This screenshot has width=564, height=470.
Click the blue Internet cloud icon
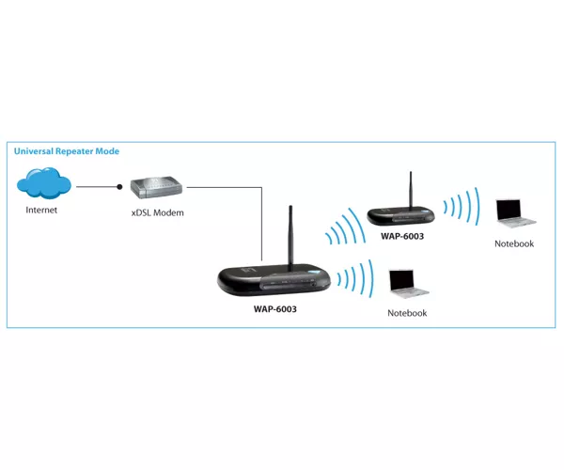(44, 182)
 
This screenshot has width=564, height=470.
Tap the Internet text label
(41, 210)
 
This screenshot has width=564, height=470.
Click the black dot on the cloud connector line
(119, 187)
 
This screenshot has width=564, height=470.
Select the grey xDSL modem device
(156, 187)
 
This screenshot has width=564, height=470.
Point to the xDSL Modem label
(158, 212)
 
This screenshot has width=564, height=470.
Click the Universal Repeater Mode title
(67, 151)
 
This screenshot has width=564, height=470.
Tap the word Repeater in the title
(74, 151)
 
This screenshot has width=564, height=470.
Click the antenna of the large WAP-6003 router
(290, 236)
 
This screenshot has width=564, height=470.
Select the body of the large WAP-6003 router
(274, 280)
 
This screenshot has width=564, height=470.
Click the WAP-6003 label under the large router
(275, 309)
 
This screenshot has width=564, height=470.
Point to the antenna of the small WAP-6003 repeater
(411, 190)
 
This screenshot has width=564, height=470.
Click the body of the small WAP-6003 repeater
(401, 215)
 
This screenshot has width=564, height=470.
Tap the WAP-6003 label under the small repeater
(402, 236)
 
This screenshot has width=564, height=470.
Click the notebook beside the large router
(409, 284)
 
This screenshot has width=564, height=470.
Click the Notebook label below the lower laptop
(407, 313)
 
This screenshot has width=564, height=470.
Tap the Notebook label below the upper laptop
(514, 243)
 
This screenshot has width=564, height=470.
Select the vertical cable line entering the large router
(262, 224)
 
